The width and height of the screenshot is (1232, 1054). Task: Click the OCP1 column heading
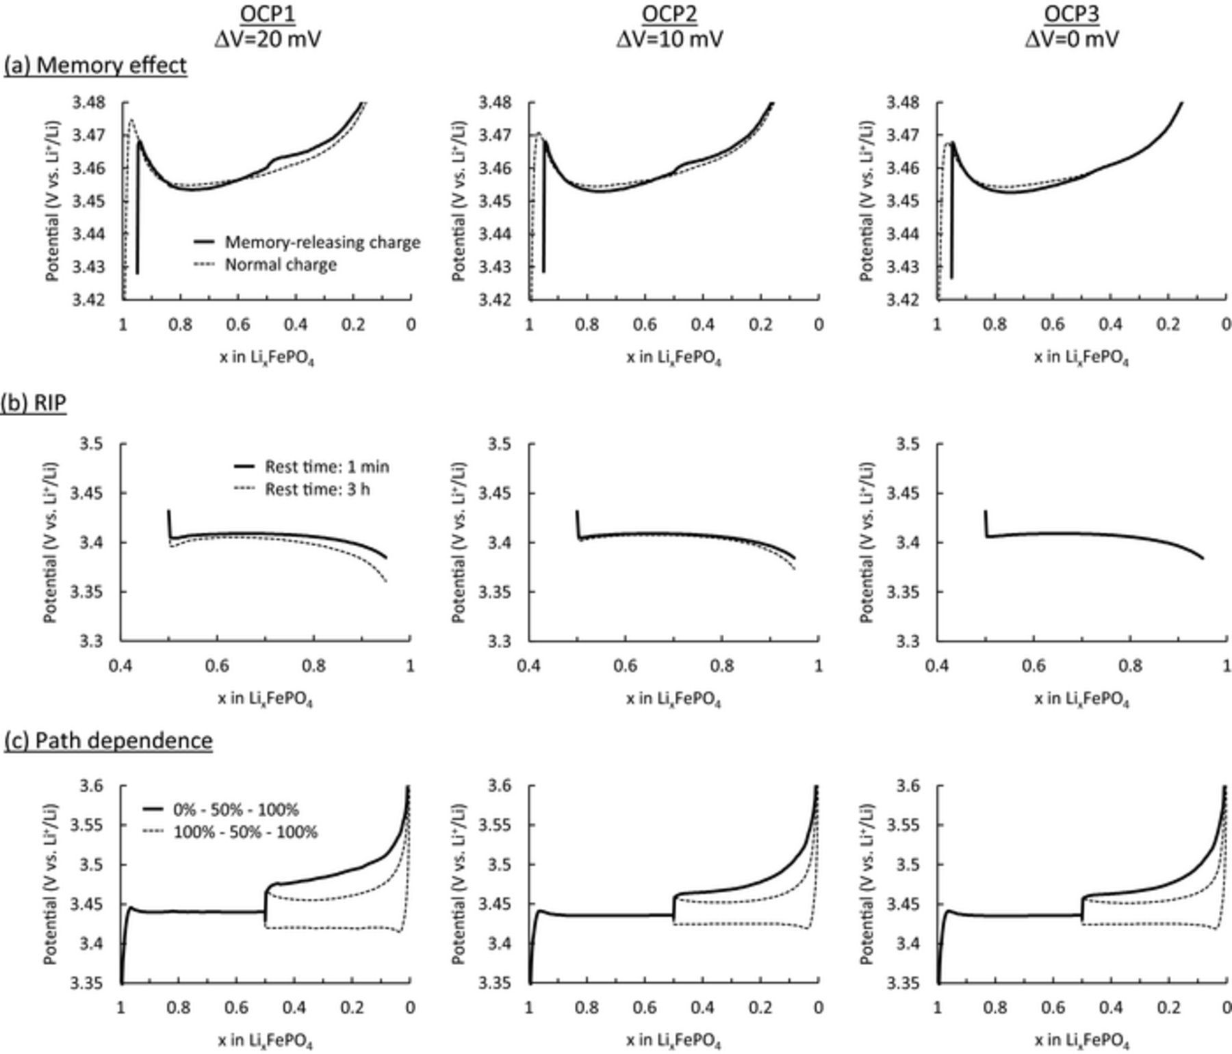[267, 14]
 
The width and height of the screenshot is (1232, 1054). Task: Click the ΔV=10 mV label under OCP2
[669, 39]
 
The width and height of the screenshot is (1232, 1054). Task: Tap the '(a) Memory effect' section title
[95, 66]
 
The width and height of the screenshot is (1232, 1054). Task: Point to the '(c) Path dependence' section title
[108, 741]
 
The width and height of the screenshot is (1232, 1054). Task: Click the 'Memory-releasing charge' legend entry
[322, 242]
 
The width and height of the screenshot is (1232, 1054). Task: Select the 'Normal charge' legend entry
[281, 265]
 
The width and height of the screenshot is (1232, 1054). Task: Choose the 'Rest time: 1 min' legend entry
[326, 467]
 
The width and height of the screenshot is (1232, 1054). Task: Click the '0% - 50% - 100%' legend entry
[235, 810]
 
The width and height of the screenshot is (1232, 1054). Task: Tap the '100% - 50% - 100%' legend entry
[245, 832]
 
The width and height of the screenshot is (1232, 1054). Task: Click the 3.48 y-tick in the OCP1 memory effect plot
[89, 103]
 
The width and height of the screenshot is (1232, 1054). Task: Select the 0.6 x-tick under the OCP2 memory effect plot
[645, 324]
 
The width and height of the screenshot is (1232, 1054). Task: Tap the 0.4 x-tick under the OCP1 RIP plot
[121, 665]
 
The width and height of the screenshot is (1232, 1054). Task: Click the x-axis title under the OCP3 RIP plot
[1081, 699]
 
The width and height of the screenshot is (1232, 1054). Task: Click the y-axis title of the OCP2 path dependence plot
[459, 884]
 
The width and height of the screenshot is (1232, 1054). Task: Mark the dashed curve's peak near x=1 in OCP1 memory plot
[131, 120]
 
